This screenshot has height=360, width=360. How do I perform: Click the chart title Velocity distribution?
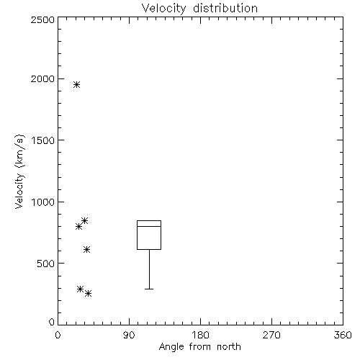point(199,9)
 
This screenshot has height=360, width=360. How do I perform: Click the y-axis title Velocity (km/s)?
point(19,171)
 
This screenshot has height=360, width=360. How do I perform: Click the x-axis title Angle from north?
point(199,347)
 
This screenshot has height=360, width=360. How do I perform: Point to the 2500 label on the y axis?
point(42,19)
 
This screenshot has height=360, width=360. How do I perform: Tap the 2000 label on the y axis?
point(42,78)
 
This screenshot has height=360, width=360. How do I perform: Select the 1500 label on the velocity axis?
point(43,140)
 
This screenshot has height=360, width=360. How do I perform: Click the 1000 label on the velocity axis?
point(43,202)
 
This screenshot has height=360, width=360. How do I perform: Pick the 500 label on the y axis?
point(45,264)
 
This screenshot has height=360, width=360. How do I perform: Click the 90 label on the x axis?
point(129,335)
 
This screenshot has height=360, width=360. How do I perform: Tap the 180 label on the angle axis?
point(200,335)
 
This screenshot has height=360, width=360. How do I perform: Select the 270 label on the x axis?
point(271,335)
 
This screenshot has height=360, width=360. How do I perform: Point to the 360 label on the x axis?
point(343,335)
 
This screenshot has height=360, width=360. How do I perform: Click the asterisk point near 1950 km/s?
point(76,84)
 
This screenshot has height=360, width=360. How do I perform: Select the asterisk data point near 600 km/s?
point(86,250)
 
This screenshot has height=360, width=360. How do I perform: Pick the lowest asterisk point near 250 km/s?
point(88,293)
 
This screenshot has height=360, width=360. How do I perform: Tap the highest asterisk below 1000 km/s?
point(84,220)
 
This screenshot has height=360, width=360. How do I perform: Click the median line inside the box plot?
point(149,226)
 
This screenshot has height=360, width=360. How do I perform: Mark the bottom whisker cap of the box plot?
point(149,289)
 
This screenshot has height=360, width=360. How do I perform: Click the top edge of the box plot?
point(149,220)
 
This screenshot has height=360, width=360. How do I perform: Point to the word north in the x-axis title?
point(229,347)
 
